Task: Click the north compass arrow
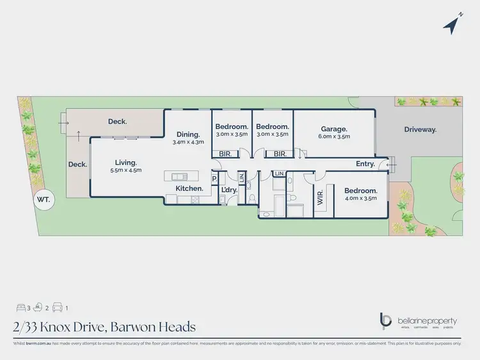[452, 24]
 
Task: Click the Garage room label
[333, 128]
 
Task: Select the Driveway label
[420, 129]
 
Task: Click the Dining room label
[188, 134]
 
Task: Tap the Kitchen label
[190, 188]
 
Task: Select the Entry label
[365, 164]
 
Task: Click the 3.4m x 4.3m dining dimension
[188, 142]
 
